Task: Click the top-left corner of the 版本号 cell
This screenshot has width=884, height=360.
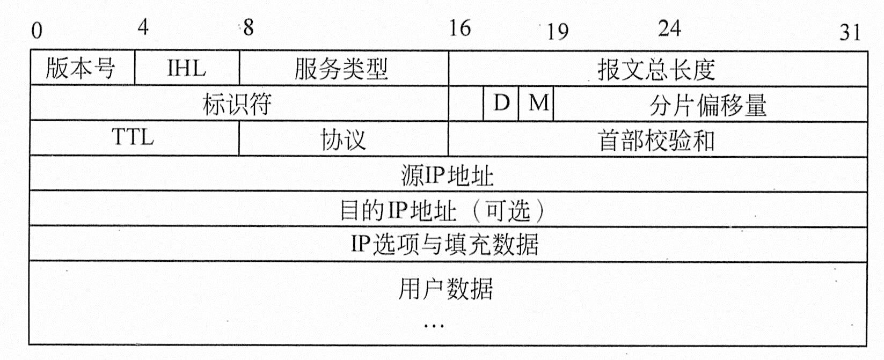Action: coord(31,50)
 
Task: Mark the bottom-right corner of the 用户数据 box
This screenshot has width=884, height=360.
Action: coord(867,346)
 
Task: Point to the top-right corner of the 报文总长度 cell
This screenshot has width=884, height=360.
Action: coord(867,52)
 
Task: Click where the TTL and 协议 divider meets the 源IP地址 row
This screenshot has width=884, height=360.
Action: coord(239,156)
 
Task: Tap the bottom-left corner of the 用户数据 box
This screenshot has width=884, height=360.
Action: coord(29,344)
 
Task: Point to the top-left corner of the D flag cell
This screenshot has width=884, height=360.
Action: coord(484,86)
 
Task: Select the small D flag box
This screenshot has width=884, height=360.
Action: coord(501,104)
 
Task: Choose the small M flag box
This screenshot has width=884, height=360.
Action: coord(536,104)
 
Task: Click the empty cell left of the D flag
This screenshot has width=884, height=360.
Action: coord(466,104)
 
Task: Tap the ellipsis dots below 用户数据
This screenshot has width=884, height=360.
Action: coord(434,326)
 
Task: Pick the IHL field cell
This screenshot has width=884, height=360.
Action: coord(187,68)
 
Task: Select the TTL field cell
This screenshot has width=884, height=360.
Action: coord(135,137)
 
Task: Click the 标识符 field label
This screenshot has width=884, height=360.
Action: coord(237,104)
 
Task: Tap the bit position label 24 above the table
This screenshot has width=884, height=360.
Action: coord(669,28)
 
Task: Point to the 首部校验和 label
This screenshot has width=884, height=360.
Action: coord(656,141)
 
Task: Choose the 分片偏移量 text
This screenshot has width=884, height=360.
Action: coord(708,105)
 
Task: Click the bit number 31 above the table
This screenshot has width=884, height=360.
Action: coord(850,32)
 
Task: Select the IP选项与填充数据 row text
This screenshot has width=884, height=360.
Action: coord(445,244)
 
